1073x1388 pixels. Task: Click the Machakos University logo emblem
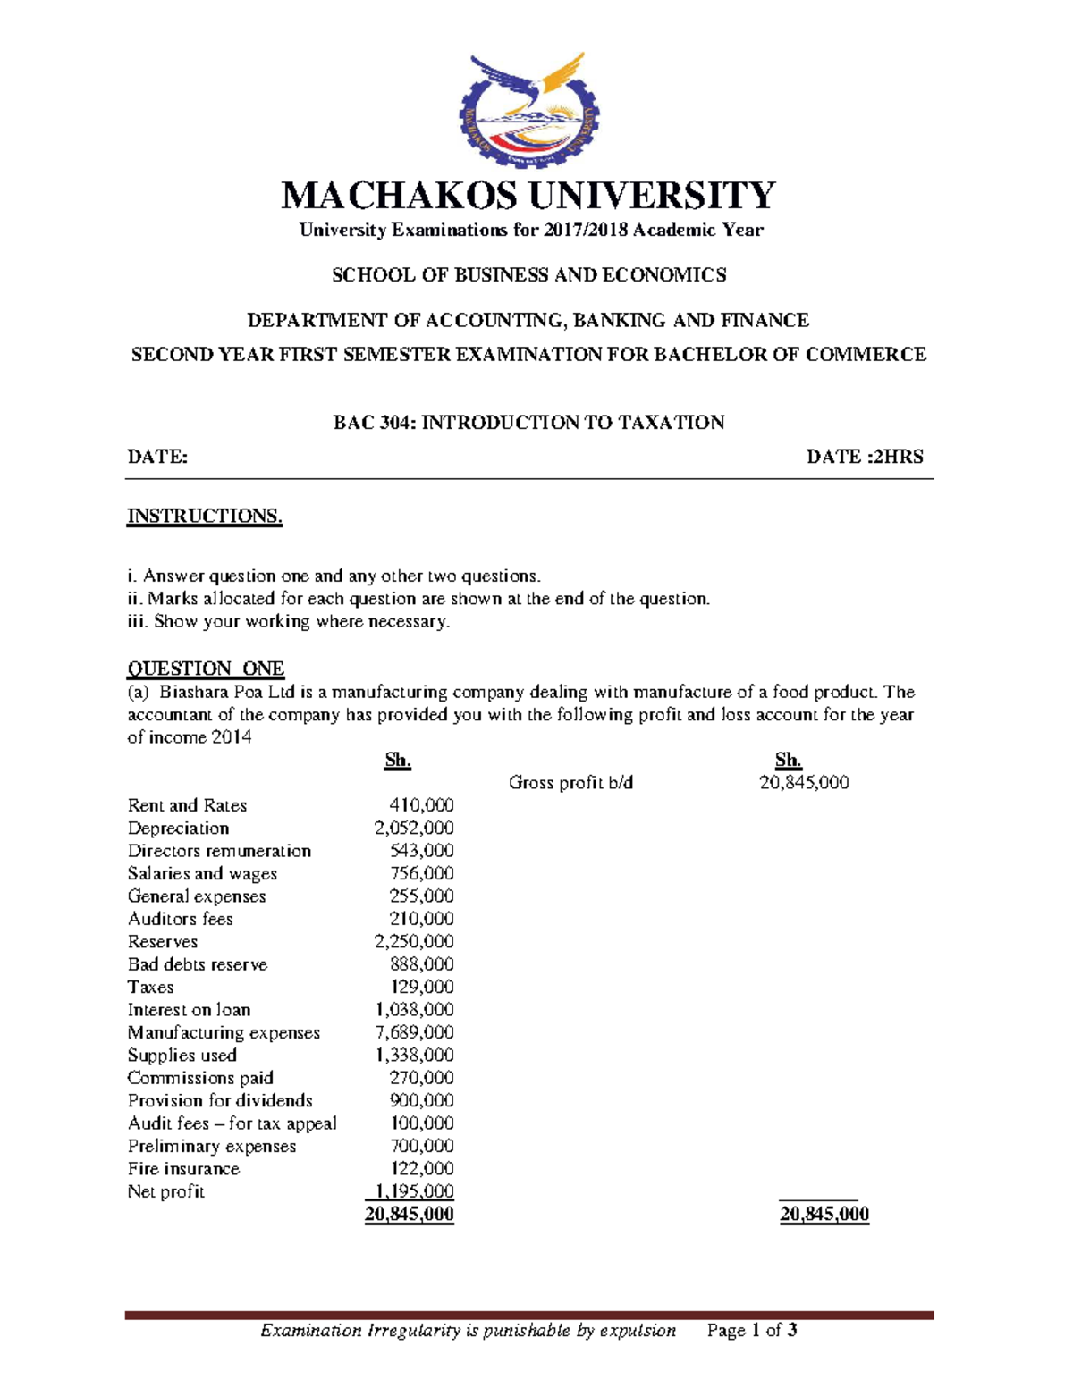(x=530, y=111)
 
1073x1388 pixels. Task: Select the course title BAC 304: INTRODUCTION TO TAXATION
(x=528, y=422)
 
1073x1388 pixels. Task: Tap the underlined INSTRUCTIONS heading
(x=205, y=517)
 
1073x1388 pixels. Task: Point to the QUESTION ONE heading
(x=206, y=669)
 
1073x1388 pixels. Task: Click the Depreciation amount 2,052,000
(x=414, y=829)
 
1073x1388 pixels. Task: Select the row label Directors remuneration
(x=219, y=851)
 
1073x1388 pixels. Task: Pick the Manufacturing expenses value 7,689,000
(x=414, y=1032)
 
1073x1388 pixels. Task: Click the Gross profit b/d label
(x=570, y=783)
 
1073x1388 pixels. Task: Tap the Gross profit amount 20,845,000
(x=804, y=783)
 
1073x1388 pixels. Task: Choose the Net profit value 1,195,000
(x=410, y=1191)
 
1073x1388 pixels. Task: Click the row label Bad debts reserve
(x=198, y=964)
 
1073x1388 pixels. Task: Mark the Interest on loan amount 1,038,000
(x=414, y=1010)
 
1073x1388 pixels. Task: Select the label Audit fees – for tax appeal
(x=232, y=1123)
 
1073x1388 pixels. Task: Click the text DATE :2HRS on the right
(x=865, y=457)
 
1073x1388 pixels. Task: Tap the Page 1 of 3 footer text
(x=752, y=1331)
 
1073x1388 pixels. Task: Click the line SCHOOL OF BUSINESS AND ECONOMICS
(x=528, y=275)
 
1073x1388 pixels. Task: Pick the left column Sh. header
(x=398, y=761)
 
